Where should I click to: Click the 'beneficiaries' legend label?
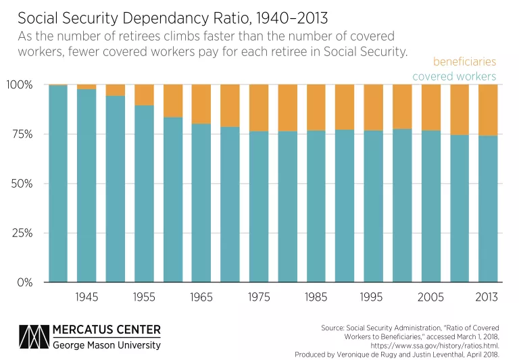pyautogui.click(x=464, y=61)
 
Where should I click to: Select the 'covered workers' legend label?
pyautogui.click(x=454, y=76)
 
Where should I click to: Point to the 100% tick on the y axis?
pyautogui.click(x=20, y=85)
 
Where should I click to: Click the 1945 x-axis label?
pyautogui.click(x=86, y=297)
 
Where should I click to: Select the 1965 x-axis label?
pyautogui.click(x=201, y=297)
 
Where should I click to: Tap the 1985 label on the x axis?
pyautogui.click(x=316, y=297)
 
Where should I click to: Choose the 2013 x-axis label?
pyautogui.click(x=488, y=297)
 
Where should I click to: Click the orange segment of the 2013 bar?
pyautogui.click(x=488, y=110)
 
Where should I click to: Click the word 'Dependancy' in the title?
pyautogui.click(x=144, y=14)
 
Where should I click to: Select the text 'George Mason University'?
pyautogui.click(x=107, y=345)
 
